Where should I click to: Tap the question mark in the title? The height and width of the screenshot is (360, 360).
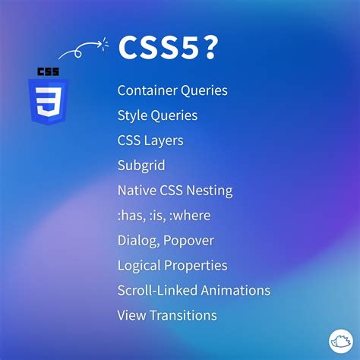tap(210, 49)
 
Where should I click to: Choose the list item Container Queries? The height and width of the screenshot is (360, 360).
tap(172, 90)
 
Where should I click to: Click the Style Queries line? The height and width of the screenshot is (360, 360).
tap(157, 115)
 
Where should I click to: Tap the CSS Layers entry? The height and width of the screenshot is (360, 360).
tap(150, 141)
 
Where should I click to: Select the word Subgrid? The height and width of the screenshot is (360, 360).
tap(141, 166)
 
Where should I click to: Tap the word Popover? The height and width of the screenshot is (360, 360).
tap(189, 241)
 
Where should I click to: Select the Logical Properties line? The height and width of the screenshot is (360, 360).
tap(172, 266)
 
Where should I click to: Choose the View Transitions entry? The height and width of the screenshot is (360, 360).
tap(167, 315)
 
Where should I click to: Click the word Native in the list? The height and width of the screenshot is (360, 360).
tap(135, 191)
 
